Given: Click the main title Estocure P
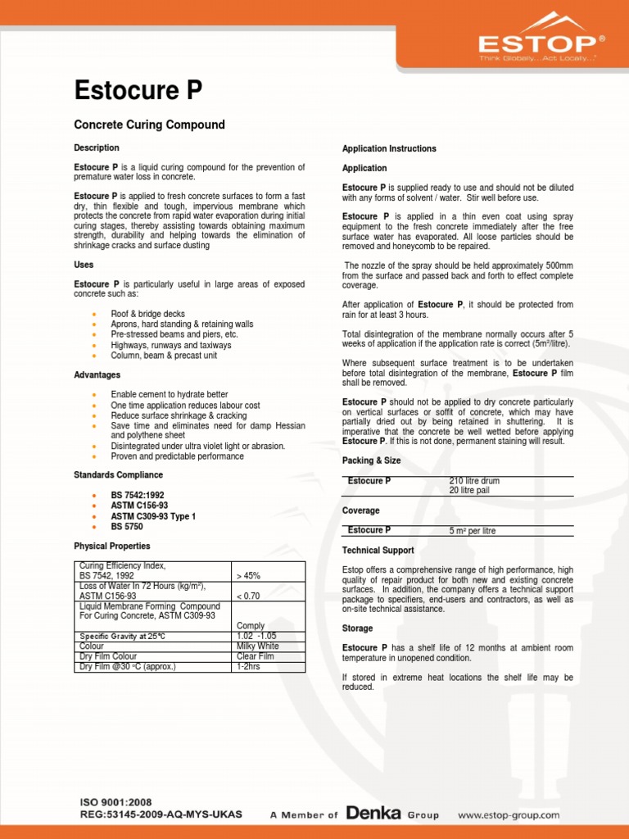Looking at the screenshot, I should click(x=138, y=90).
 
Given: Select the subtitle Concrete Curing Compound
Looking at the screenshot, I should click(x=149, y=125).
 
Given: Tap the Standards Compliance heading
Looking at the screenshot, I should click(x=118, y=475).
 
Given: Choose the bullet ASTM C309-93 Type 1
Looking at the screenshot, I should click(x=153, y=516).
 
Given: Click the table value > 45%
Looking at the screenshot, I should click(x=248, y=576).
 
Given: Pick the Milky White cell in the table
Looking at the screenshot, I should click(x=257, y=646).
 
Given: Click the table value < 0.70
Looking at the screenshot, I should click(x=249, y=596).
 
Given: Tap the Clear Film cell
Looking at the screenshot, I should click(x=255, y=656).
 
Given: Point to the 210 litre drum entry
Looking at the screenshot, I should click(x=474, y=481).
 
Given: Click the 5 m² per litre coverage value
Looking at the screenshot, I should click(x=473, y=531).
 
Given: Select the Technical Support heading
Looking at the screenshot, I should click(x=378, y=551).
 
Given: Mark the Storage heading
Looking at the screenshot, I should click(x=357, y=628).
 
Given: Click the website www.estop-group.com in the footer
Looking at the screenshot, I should click(x=508, y=815).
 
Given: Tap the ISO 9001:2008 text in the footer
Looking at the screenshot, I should click(x=115, y=802).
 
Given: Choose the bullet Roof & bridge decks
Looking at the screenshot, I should click(x=147, y=314).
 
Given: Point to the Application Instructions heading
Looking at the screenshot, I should click(x=389, y=148).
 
